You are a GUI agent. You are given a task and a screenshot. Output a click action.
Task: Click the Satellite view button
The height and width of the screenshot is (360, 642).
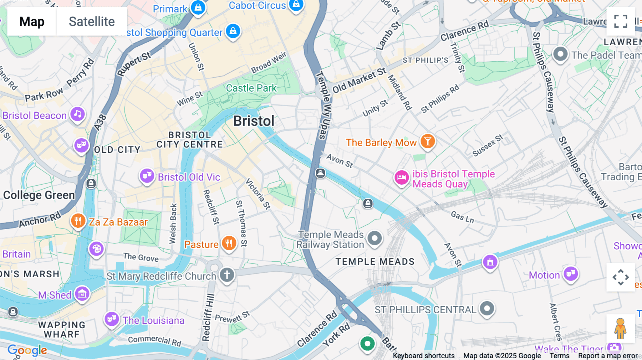[x=92, y=22]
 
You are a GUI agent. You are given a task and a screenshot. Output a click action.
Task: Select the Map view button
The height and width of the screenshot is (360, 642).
[x=32, y=22]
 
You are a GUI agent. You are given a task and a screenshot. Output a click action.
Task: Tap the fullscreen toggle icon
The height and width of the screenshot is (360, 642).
[x=621, y=21]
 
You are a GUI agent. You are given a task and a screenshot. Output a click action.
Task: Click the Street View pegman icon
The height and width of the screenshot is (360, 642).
[x=620, y=329]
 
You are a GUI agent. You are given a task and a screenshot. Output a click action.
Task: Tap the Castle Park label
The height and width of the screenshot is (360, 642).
[x=251, y=88]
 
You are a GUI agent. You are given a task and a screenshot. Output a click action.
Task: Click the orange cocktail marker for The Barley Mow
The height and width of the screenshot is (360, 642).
[x=427, y=142]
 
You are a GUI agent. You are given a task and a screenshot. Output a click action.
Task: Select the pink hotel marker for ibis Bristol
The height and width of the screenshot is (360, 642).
[x=402, y=178]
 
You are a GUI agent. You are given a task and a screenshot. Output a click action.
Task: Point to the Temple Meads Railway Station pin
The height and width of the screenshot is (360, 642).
[x=374, y=238]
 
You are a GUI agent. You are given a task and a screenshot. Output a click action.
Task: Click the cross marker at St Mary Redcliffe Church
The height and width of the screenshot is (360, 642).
[x=227, y=275]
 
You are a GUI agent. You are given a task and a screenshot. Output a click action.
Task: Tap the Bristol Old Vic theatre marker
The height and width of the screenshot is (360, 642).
[x=147, y=176]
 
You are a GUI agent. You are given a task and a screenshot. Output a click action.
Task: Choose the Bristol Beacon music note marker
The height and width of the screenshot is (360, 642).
[x=77, y=114]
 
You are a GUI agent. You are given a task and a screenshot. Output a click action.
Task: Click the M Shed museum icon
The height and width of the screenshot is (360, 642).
[x=82, y=294]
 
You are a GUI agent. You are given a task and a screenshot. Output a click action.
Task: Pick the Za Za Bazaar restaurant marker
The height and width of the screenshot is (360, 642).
[x=78, y=221]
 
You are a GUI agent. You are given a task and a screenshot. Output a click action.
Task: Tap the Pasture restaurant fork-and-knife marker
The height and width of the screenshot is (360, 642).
[x=229, y=243]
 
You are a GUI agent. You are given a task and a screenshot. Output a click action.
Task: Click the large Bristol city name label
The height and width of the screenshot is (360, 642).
[x=254, y=121]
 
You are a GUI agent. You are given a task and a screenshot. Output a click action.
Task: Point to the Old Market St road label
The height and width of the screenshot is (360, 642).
[x=359, y=80]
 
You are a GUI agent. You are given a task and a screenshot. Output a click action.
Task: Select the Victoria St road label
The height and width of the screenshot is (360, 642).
[x=258, y=194]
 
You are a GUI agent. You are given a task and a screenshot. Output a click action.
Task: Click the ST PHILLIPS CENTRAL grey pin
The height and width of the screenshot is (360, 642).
[x=487, y=308]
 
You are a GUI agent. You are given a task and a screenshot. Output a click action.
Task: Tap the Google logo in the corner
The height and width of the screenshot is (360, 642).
[x=27, y=350]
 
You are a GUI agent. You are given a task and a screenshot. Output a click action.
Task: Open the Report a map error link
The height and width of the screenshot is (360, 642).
[x=608, y=356]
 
